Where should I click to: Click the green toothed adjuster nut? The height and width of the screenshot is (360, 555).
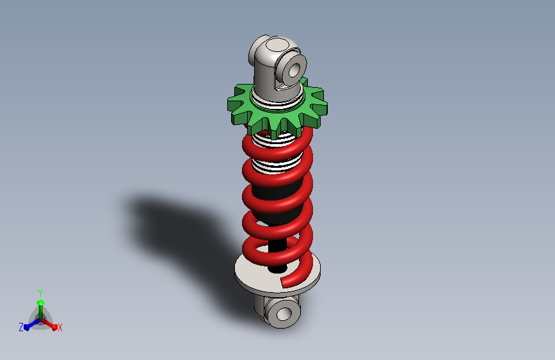[245, 106]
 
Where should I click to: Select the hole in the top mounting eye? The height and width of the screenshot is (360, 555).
[294, 70]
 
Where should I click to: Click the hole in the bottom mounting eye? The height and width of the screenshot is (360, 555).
[284, 314]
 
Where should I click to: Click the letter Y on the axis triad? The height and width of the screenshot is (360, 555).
[40, 293]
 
